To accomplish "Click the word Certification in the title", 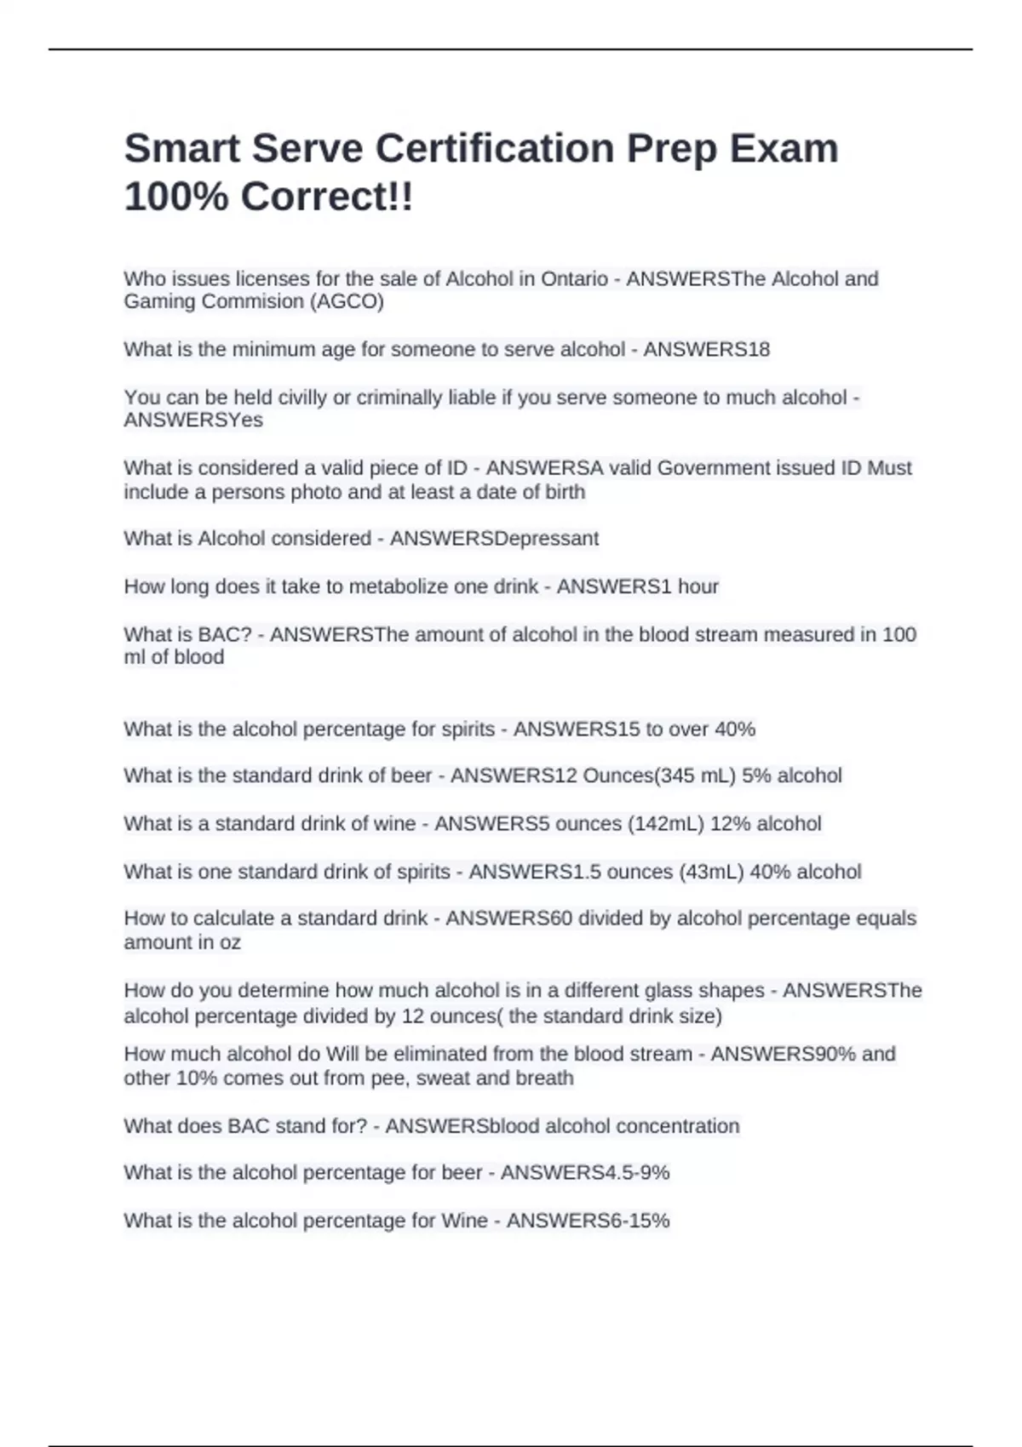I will pyautogui.click(x=494, y=148).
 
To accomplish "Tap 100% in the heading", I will pyautogui.click(x=176, y=197).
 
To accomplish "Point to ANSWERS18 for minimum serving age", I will pyautogui.click(x=706, y=349).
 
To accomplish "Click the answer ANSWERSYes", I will pyautogui.click(x=193, y=420).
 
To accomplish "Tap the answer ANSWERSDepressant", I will pyautogui.click(x=494, y=539).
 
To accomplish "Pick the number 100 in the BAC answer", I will pyautogui.click(x=899, y=634).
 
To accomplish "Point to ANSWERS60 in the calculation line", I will pyautogui.click(x=508, y=918).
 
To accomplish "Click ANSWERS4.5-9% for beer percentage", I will pyautogui.click(x=584, y=1173).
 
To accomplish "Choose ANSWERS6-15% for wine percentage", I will pyautogui.click(x=588, y=1221).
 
